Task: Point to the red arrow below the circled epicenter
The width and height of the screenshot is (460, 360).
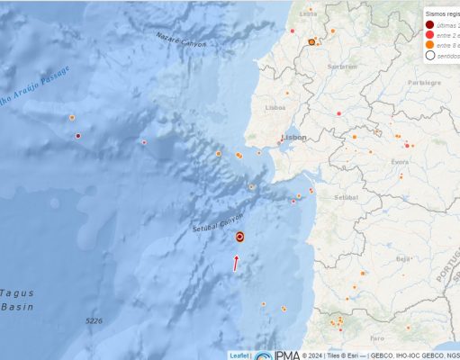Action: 237,263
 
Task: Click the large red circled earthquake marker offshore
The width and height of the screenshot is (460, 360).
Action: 240,238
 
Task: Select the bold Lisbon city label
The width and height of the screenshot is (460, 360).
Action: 294,138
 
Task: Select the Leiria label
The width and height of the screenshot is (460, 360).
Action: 309,13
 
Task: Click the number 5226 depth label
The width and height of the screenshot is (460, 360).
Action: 94,321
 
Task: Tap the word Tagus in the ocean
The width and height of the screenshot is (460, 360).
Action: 16,292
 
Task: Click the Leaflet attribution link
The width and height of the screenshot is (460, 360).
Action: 239,355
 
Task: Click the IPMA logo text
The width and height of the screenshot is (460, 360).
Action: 288,355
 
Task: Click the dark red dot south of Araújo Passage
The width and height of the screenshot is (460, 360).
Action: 78,136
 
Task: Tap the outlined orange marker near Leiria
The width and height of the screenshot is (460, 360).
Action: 311,42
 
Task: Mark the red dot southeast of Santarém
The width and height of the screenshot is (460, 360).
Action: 338,113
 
